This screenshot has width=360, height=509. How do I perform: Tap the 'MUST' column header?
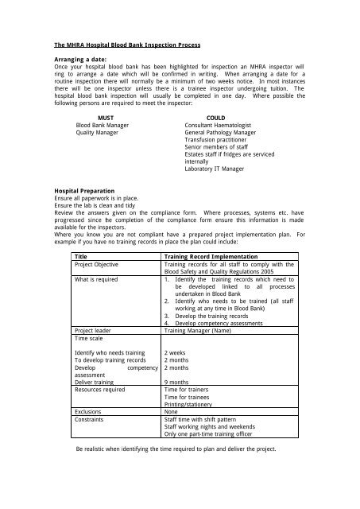coord(94,117)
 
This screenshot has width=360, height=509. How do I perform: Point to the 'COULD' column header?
coord(215,117)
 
